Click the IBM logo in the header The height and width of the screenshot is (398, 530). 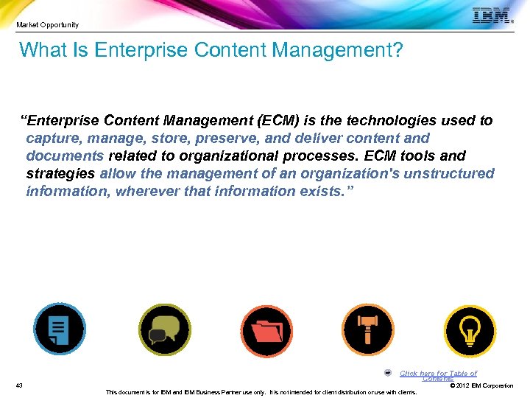(x=491, y=16)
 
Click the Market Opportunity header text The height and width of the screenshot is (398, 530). (x=48, y=25)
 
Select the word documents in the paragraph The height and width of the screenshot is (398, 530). (x=65, y=156)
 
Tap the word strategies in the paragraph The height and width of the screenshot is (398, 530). (x=60, y=174)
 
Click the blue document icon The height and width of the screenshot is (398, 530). (x=60, y=329)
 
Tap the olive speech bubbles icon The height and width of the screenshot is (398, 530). (x=164, y=329)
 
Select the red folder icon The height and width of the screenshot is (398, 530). (x=266, y=329)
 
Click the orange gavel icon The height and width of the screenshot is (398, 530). (x=368, y=329)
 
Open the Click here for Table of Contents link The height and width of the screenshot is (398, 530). (x=438, y=374)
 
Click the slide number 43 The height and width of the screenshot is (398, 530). (x=19, y=385)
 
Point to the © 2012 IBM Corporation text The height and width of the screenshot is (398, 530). (x=481, y=385)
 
